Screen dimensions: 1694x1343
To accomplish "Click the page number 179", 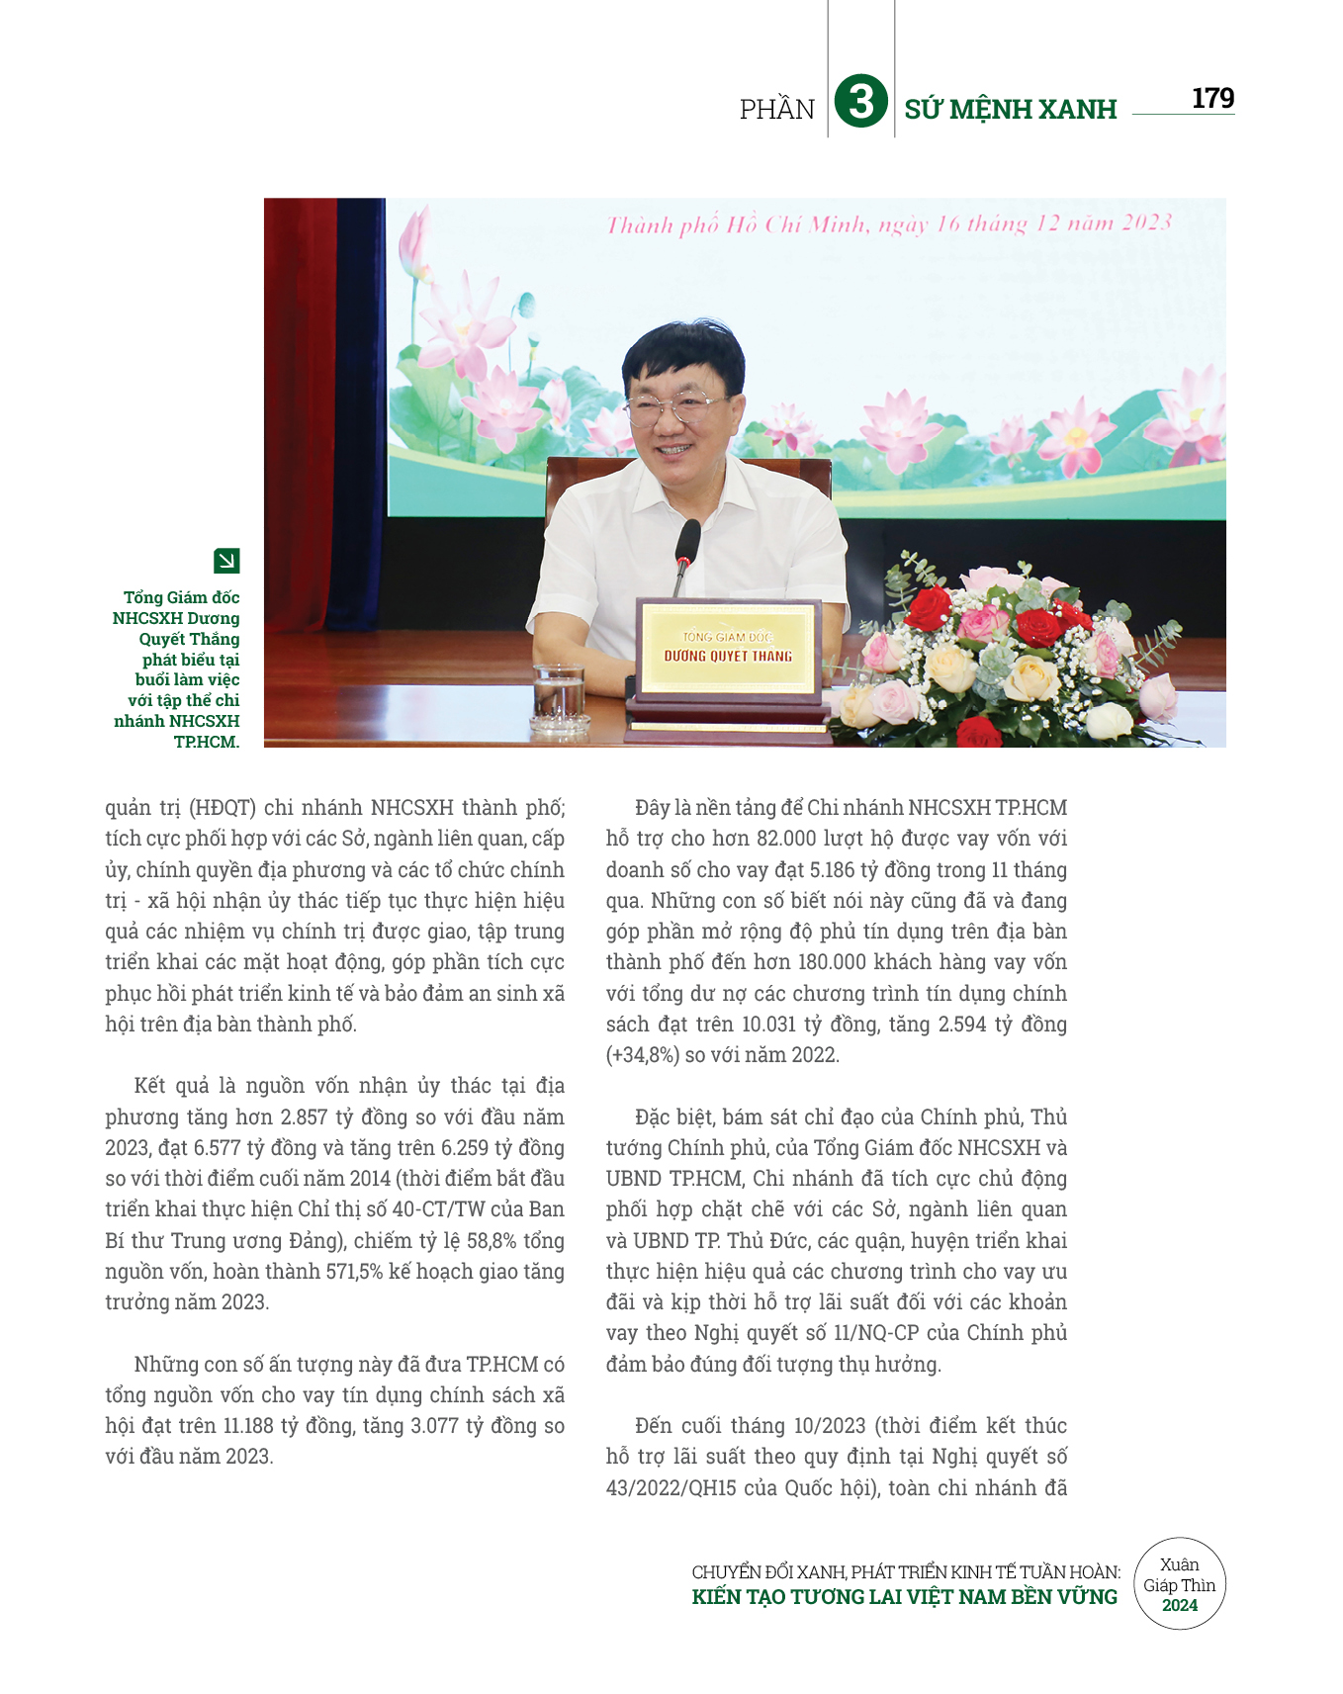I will pos(1212,99).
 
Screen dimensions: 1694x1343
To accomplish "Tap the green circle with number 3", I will pos(860,102).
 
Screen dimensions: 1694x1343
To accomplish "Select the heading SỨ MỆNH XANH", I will pos(1010,109).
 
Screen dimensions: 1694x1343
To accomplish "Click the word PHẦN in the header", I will pos(777,109).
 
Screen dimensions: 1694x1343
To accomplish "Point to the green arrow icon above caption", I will pos(226,561).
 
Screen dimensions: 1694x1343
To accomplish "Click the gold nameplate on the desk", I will pos(728,647).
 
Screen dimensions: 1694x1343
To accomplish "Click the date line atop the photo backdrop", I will pos(888,224).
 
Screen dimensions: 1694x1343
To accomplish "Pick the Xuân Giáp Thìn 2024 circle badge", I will pos(1179,1584).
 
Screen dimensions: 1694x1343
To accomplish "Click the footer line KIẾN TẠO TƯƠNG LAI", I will pos(904,1597).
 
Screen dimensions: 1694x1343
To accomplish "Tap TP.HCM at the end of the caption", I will pos(206,742).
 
